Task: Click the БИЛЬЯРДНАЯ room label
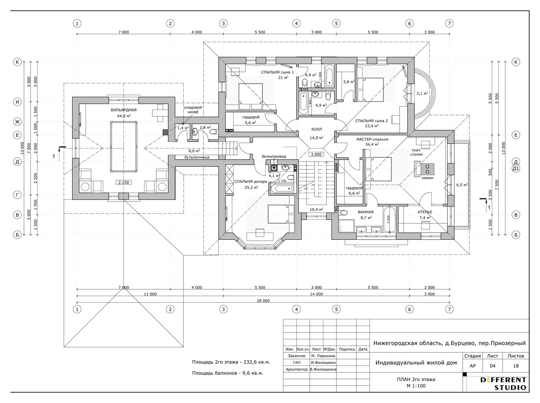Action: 124,110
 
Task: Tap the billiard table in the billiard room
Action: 124,146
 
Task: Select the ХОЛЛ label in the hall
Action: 316,129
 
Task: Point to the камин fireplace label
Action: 428,178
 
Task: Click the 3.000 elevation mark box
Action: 316,155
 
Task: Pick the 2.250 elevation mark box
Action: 124,182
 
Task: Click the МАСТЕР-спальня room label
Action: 372,139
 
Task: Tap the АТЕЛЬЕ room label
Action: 425,212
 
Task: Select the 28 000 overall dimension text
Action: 263,301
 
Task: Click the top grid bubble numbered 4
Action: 296,24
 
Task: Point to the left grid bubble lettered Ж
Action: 17,122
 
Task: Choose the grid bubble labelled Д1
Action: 516,168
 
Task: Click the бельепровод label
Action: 274,156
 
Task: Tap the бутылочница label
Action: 197,157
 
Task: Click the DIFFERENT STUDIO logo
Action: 503,384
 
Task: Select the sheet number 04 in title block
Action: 492,366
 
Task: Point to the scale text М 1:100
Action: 416,386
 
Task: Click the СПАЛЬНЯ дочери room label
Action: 251,182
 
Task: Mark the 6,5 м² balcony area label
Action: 462,185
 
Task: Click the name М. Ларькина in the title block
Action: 323,356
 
